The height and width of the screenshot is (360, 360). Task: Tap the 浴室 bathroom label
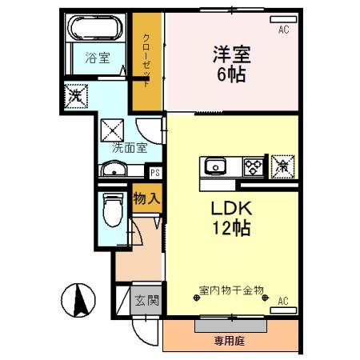pos(98,58)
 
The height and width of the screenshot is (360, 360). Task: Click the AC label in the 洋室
pos(283,30)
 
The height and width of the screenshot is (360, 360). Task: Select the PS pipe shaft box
pos(155,171)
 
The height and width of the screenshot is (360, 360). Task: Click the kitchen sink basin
pos(215,167)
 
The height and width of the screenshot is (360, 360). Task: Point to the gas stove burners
pos(253,167)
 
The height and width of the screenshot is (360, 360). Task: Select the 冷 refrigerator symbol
pos(282,166)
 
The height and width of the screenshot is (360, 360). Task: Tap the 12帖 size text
pos(231,229)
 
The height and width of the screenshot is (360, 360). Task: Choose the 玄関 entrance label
pos(146,302)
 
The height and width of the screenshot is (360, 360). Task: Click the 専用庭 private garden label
pos(231,340)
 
